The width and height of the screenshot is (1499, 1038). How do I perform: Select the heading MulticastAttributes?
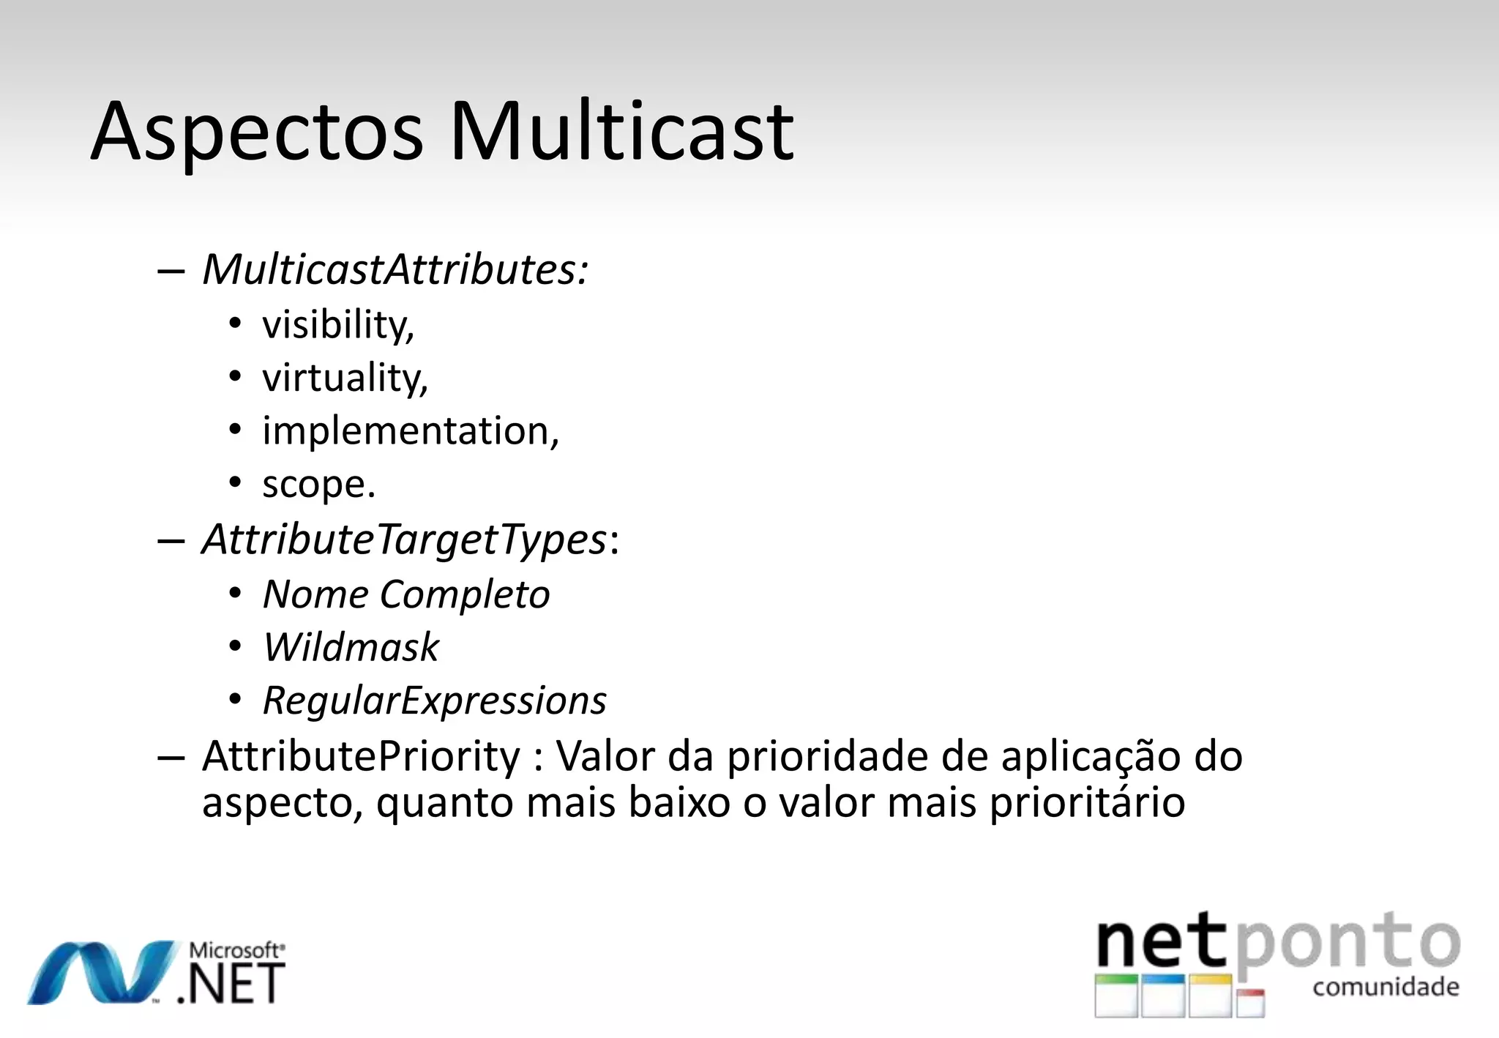[395, 269]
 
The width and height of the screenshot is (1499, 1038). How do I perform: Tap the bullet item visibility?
[338, 324]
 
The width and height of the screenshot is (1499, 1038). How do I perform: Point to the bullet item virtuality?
[345, 378]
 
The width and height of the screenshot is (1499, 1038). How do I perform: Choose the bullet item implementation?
[411, 430]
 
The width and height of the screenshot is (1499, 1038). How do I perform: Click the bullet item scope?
[318, 485]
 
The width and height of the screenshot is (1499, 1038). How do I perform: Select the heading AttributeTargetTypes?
[404, 539]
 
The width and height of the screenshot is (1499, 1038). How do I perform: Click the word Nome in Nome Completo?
[315, 594]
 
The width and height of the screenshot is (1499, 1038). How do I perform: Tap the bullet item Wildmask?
[351, 647]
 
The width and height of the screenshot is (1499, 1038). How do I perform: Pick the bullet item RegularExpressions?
[434, 701]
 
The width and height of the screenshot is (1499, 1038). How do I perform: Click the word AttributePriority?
[361, 755]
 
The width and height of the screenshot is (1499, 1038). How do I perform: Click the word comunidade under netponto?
[1386, 987]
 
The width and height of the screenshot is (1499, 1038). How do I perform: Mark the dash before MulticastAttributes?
[171, 271]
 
